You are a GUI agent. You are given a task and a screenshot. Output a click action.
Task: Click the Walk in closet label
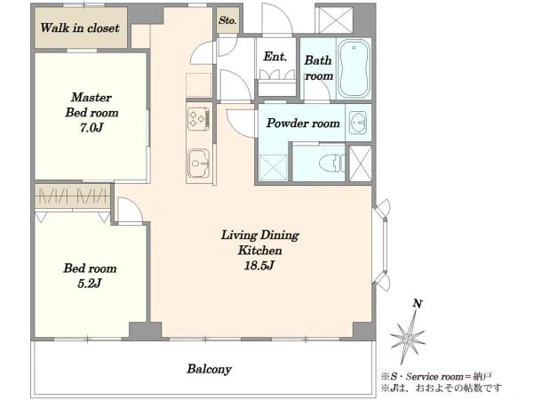[x=80, y=28]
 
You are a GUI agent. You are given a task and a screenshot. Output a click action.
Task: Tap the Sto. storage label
[x=227, y=20]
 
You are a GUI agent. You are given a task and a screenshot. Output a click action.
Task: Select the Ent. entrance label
[x=274, y=57]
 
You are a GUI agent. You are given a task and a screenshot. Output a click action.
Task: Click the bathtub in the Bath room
[x=354, y=68]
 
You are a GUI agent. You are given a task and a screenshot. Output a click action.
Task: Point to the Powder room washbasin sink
[x=358, y=123]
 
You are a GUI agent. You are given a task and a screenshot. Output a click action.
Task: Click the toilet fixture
[x=331, y=163]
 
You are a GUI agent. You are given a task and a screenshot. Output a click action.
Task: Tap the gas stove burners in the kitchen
[x=198, y=119]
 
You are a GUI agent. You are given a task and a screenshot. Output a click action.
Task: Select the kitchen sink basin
[x=198, y=164]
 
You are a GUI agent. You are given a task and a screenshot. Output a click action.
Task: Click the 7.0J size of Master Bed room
[x=91, y=127]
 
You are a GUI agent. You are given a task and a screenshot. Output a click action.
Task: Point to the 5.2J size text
[x=89, y=283]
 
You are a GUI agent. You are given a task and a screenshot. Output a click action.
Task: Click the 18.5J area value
[x=259, y=265]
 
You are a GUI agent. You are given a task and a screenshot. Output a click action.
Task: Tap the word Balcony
[x=209, y=369]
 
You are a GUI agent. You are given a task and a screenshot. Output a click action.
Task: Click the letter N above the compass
[x=418, y=303]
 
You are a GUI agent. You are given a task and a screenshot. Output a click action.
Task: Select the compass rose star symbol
[x=408, y=338]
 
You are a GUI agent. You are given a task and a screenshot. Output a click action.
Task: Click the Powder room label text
[x=303, y=123]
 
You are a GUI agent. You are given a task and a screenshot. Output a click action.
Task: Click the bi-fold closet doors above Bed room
[x=73, y=196]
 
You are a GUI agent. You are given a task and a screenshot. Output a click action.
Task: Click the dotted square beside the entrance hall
[x=199, y=85]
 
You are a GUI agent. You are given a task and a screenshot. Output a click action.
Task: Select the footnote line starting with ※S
[x=436, y=377]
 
